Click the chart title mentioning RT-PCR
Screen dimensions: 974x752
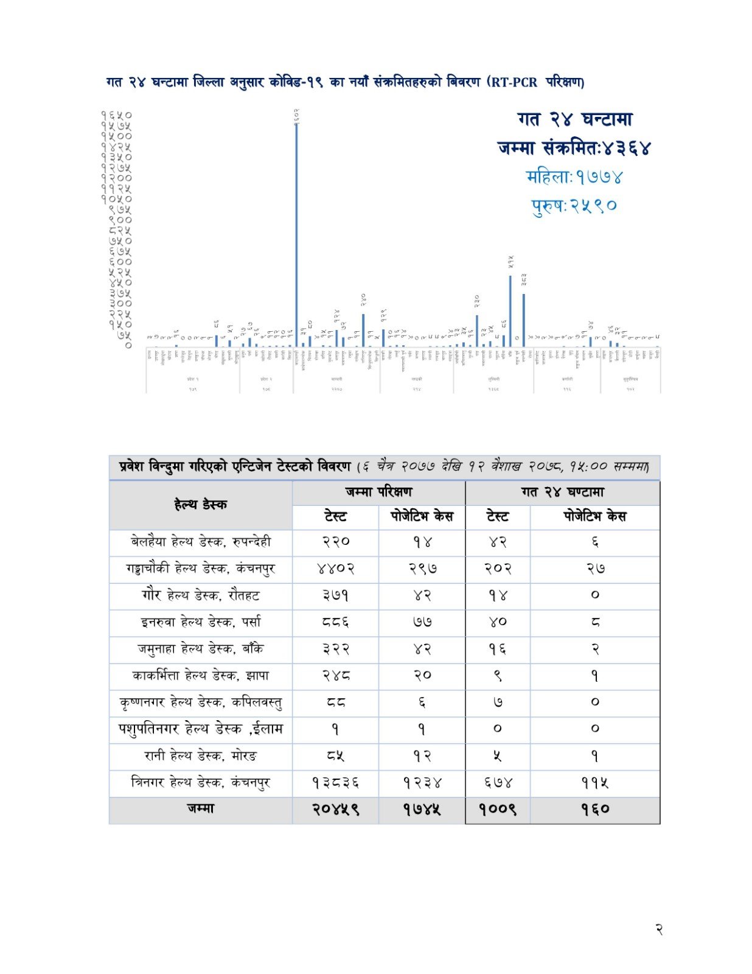coord(345,82)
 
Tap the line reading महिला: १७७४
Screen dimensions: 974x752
coord(574,177)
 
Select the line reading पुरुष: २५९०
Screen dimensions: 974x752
coord(574,206)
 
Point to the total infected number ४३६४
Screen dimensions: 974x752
coord(627,148)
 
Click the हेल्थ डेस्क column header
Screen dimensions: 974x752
coord(200,505)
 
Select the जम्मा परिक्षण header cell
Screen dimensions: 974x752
coord(378,492)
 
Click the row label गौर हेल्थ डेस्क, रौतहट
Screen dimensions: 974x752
coord(200,595)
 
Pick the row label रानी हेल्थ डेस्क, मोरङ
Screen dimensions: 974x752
coord(200,756)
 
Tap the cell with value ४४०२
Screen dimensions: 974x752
coord(335,569)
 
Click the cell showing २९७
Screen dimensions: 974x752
coord(422,569)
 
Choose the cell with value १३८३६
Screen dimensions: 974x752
coord(335,783)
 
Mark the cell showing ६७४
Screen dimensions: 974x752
coord(498,783)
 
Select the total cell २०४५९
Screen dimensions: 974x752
coord(335,810)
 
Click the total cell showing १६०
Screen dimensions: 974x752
coord(594,810)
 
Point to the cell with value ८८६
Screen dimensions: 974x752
coord(335,622)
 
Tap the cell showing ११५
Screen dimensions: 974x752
coord(594,783)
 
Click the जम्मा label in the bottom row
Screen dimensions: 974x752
coord(200,809)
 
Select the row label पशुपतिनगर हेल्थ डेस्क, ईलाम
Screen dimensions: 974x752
coord(200,729)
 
